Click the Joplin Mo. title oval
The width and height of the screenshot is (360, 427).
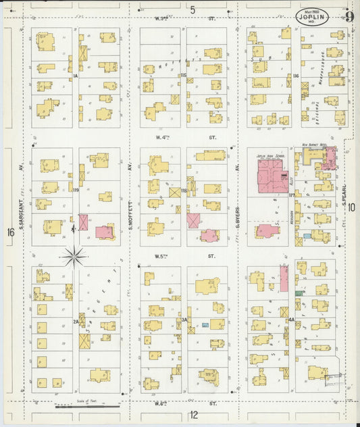click(x=312, y=17)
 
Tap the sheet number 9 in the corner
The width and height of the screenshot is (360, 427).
click(x=349, y=17)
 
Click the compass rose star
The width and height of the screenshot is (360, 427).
click(x=74, y=256)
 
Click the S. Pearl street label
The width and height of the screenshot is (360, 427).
click(x=344, y=196)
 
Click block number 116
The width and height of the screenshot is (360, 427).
click(x=296, y=76)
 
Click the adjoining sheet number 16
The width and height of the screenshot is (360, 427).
click(x=10, y=232)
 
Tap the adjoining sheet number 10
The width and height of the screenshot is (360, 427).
click(x=352, y=208)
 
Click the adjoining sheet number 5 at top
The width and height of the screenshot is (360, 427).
click(x=192, y=9)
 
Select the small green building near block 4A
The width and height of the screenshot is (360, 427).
click(x=298, y=293)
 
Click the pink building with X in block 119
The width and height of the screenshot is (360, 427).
click(x=84, y=222)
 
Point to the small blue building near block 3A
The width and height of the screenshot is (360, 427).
click(x=205, y=325)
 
